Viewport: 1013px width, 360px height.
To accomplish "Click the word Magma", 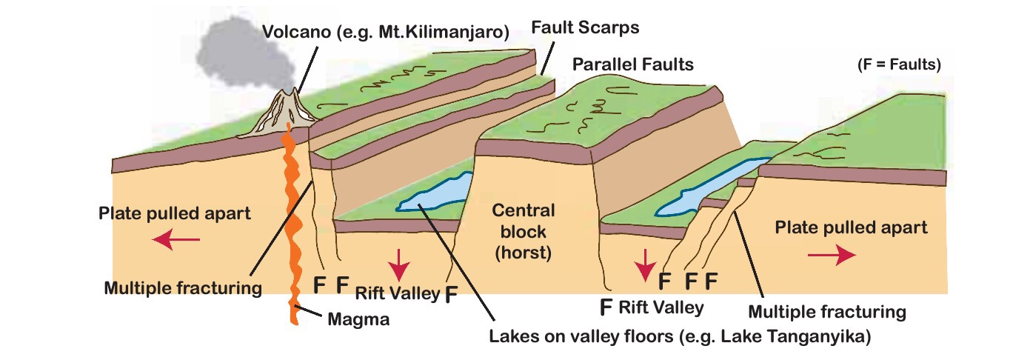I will pos(358,319).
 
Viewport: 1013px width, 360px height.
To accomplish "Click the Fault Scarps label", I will pos(585,27).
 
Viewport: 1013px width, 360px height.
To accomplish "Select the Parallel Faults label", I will pos(633,64).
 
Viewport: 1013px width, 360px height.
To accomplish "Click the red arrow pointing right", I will pos(832,254).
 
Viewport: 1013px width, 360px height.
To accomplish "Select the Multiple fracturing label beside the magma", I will pos(184,288).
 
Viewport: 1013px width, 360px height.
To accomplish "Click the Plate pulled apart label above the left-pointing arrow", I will pos(175,214).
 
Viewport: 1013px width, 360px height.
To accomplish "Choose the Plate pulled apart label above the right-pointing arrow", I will pos(851,227).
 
